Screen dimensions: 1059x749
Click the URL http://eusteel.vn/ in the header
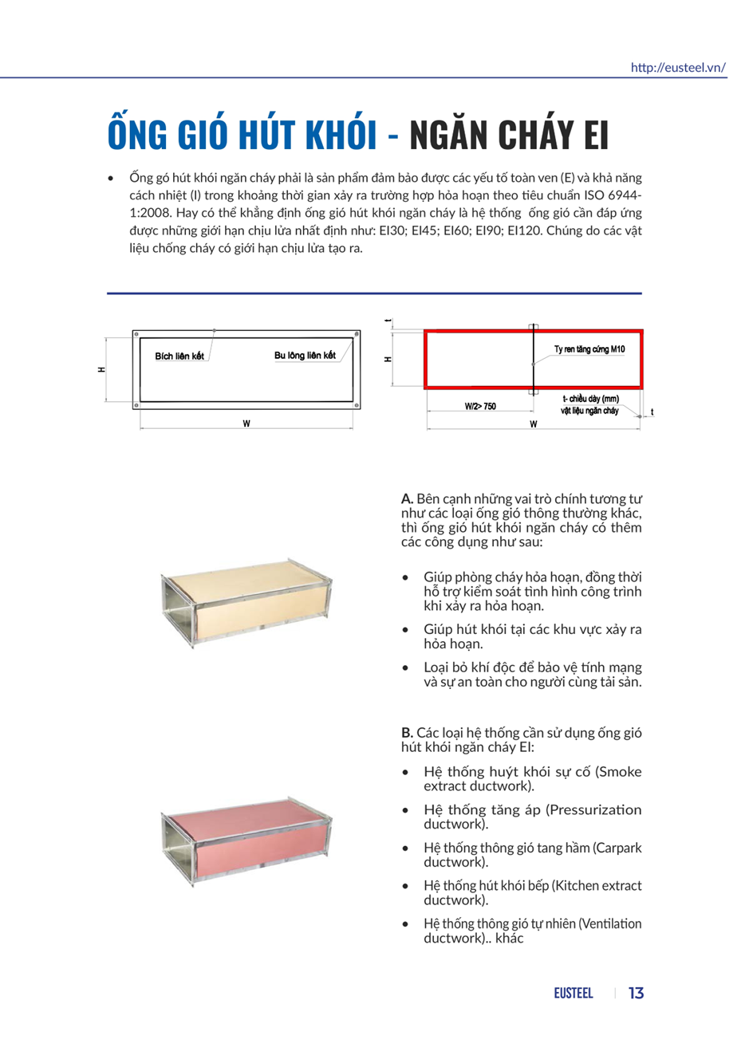678,68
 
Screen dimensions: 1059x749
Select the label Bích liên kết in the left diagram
179,356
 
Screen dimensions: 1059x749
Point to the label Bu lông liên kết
305,356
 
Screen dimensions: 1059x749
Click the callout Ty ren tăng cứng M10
589,349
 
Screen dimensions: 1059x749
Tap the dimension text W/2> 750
480,407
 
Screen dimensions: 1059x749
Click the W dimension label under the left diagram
246,423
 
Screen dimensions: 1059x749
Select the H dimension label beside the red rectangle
388,360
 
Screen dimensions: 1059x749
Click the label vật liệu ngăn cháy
589,411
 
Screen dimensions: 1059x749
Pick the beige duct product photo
246,602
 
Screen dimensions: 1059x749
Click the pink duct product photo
246,841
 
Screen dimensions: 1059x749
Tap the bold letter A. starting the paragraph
407,499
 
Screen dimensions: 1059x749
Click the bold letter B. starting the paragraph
407,733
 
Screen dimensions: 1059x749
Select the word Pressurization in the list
594,810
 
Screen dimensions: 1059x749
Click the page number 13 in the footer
636,994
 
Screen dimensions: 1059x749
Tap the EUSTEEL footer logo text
574,994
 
